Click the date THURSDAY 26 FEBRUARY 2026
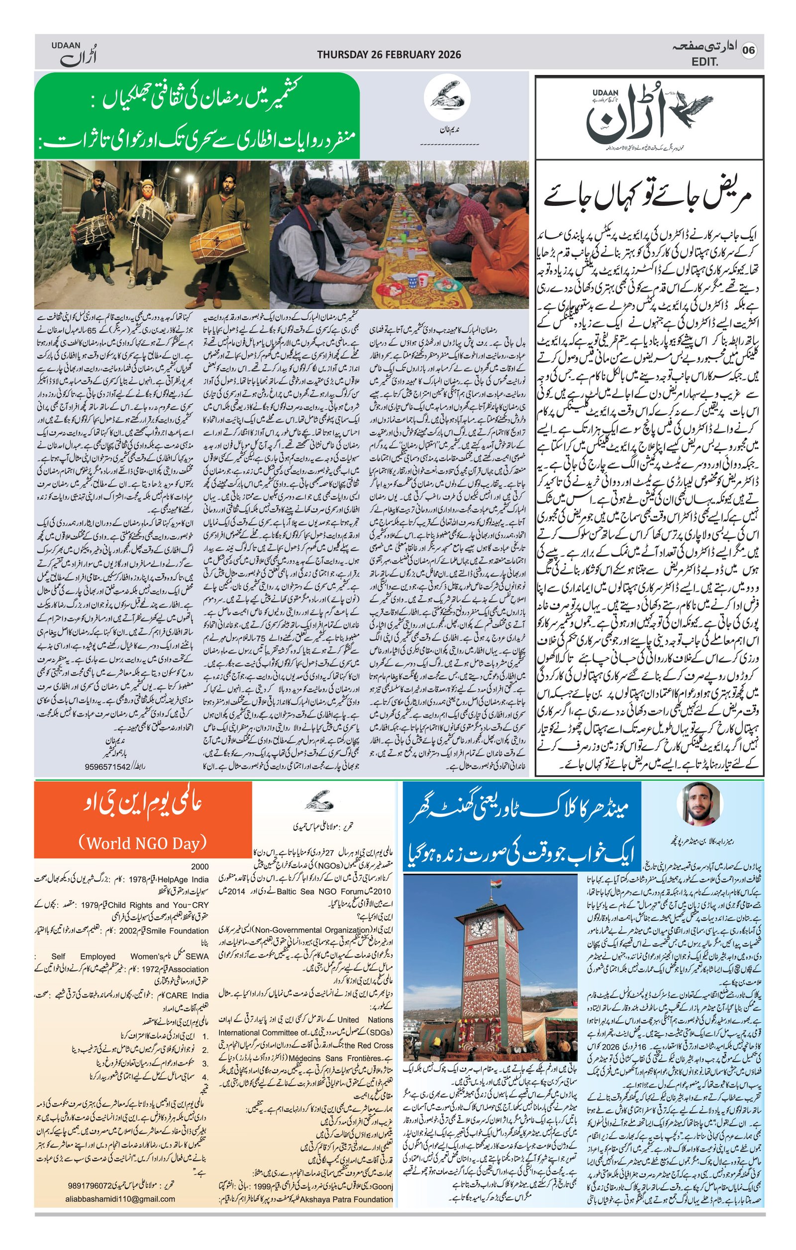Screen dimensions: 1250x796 tap(389, 54)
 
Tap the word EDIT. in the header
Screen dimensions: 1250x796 tap(704, 62)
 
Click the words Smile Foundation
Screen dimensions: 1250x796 tap(178, 930)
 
